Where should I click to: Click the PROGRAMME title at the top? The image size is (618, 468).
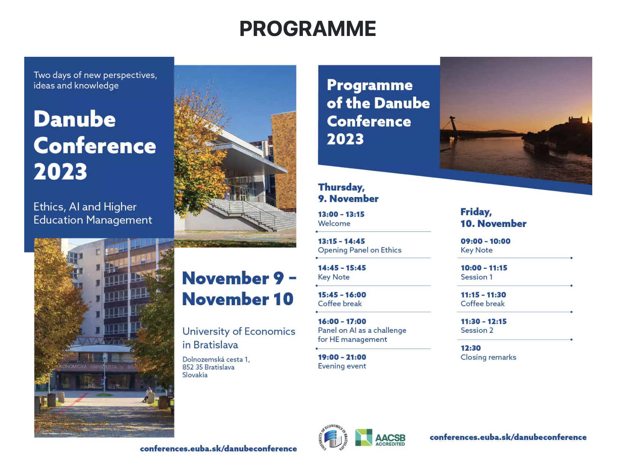click(307, 28)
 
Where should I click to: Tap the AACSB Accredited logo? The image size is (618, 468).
click(380, 437)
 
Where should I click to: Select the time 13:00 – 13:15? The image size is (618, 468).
click(341, 214)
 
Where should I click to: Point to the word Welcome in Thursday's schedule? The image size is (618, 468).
click(334, 223)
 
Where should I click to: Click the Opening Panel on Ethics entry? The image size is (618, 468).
click(359, 250)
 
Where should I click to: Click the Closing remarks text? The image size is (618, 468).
click(488, 357)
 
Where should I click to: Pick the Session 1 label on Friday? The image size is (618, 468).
click(476, 277)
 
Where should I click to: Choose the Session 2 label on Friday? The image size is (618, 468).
click(477, 330)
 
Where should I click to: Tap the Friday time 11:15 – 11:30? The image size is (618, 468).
click(483, 295)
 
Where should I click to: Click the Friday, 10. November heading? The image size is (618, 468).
click(493, 218)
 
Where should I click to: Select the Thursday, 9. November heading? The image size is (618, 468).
click(348, 193)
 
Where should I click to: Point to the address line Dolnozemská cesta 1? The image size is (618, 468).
click(216, 359)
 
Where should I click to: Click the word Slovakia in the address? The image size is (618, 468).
click(195, 375)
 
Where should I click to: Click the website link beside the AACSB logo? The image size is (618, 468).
click(508, 437)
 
